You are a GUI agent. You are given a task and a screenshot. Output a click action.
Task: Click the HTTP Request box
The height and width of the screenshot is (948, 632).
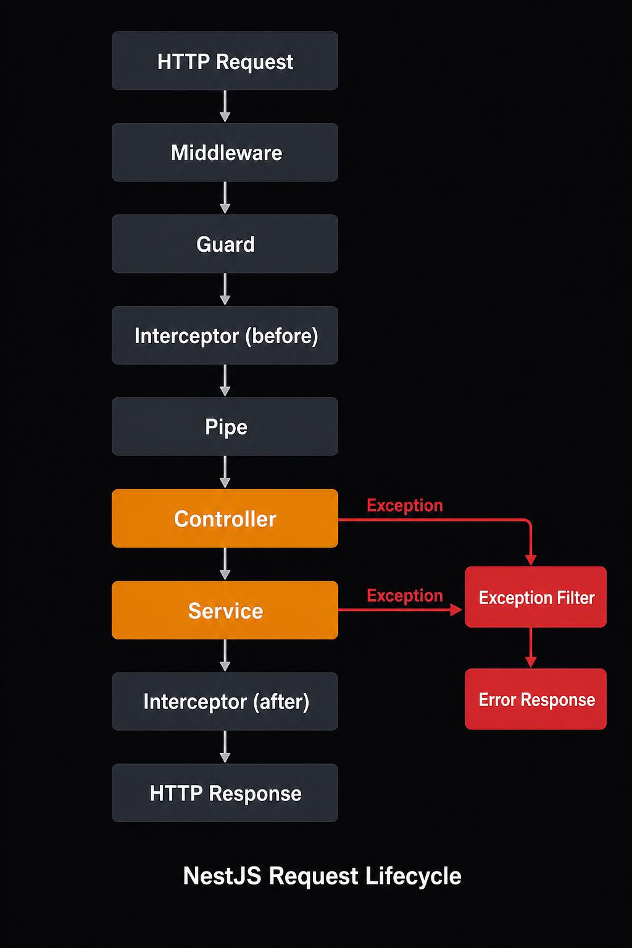pyautogui.click(x=225, y=60)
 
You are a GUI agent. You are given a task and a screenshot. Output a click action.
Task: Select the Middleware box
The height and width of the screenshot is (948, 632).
pyautogui.click(x=225, y=152)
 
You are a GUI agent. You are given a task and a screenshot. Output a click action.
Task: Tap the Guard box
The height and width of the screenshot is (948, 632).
pyautogui.click(x=225, y=244)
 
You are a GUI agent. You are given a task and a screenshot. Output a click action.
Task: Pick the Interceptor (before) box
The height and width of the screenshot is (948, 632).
pyautogui.click(x=225, y=335)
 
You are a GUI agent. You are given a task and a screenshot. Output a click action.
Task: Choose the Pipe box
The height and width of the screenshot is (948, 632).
pyautogui.click(x=225, y=426)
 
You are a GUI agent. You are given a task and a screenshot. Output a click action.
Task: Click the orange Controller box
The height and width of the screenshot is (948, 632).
pyautogui.click(x=225, y=518)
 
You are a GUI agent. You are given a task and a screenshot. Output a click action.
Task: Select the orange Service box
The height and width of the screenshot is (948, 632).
pyautogui.click(x=225, y=610)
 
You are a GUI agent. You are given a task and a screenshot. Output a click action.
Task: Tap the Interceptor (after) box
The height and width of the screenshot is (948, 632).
pyautogui.click(x=225, y=701)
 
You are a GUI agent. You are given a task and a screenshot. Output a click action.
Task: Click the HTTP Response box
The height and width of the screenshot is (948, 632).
pyautogui.click(x=225, y=792)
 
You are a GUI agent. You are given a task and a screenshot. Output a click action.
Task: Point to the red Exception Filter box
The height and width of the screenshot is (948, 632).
pyautogui.click(x=536, y=597)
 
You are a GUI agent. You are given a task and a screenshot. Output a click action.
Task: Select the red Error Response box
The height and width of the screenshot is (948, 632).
pyautogui.click(x=536, y=699)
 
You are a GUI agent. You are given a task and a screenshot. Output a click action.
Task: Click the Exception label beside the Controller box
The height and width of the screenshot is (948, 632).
pyautogui.click(x=405, y=505)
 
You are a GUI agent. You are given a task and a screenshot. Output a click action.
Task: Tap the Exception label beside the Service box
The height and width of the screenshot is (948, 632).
pyautogui.click(x=405, y=596)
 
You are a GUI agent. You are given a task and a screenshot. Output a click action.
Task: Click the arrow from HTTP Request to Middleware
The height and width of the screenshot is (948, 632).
pyautogui.click(x=225, y=106)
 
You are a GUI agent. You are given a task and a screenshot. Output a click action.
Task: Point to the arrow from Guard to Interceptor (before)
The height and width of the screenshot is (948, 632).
pyautogui.click(x=225, y=289)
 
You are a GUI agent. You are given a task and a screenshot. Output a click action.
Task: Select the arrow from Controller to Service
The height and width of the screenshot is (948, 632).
pyautogui.click(x=225, y=563)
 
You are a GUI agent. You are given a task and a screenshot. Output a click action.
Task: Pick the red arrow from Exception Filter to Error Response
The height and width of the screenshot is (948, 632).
pyautogui.click(x=531, y=647)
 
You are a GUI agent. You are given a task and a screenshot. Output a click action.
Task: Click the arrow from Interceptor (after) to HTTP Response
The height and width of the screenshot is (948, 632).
pyautogui.click(x=225, y=747)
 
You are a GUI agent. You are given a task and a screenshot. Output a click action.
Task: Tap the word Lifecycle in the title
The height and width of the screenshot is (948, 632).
pyautogui.click(x=413, y=876)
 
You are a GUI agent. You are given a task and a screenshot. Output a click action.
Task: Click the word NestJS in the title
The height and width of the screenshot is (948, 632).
pyautogui.click(x=222, y=876)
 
